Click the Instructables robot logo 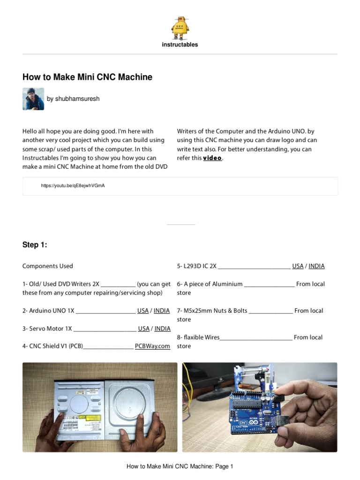point(180,27)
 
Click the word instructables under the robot point(180,45)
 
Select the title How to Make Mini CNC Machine point(87,77)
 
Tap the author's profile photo point(33,99)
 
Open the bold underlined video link point(212,158)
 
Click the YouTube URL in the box point(73,186)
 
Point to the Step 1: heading point(35,245)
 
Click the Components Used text point(48,266)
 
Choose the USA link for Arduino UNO point(143,311)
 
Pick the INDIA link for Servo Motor point(162,329)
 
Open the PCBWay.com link point(152,346)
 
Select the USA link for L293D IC point(298,266)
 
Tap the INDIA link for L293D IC point(316,266)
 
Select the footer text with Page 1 point(180,466)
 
